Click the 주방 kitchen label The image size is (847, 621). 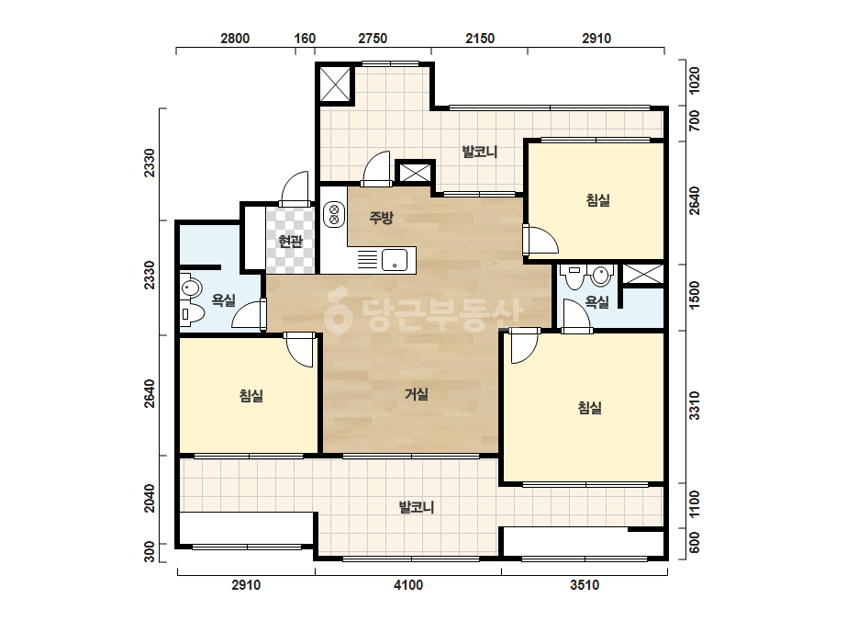click(382, 218)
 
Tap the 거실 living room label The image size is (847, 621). click(417, 394)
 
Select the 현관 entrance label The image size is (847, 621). click(290, 242)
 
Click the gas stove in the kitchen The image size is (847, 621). click(334, 214)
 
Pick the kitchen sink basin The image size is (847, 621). click(395, 260)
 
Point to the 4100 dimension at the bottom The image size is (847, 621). click(408, 585)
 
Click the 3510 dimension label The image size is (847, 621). click(585, 585)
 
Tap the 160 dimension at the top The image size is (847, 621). click(305, 39)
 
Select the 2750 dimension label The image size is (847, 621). click(373, 39)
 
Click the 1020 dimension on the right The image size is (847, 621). click(695, 80)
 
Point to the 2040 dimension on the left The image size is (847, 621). click(150, 498)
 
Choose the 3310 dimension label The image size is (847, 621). click(695, 406)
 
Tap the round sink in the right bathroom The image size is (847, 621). click(601, 275)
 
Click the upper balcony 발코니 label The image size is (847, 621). click(480, 152)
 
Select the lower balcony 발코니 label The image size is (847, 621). click(417, 507)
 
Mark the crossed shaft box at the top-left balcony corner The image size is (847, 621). click(335, 85)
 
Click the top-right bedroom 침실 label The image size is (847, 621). click(598, 200)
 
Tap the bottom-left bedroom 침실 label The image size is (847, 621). click(251, 395)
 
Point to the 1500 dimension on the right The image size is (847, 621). click(695, 296)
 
